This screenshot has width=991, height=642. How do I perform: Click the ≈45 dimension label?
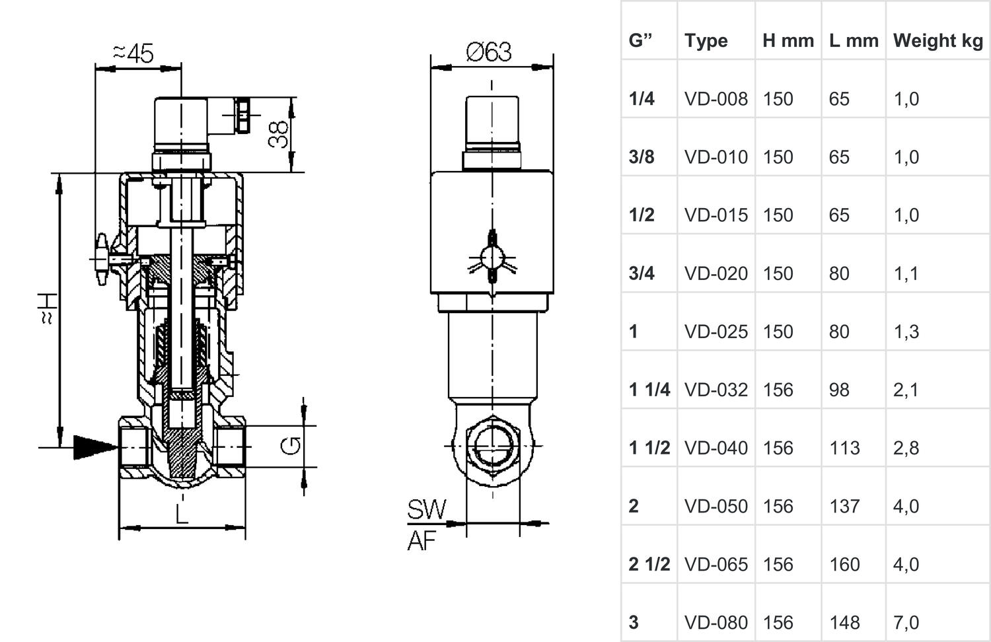pos(133,53)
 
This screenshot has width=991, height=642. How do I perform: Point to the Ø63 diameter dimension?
pos(489,52)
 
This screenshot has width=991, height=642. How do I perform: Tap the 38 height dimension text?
pos(280,134)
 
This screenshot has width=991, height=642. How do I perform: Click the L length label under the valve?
pos(181,513)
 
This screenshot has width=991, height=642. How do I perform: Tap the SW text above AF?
pos(427,510)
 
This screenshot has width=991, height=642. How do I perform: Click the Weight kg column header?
pos(938,41)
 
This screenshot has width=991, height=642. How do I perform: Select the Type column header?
pos(706,41)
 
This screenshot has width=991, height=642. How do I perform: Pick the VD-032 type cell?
pos(716,390)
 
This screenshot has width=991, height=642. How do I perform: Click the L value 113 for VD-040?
pos(845,448)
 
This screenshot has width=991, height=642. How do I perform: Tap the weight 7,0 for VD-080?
pos(906,622)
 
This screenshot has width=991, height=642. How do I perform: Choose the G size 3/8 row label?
pos(642,157)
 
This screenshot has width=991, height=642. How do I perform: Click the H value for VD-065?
pos(778,564)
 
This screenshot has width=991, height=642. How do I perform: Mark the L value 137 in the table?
pos(845,506)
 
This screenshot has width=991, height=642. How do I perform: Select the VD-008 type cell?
pos(716,99)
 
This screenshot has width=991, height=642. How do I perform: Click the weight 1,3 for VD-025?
pos(906,332)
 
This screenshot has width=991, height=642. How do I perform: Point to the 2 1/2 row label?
pos(649,564)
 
